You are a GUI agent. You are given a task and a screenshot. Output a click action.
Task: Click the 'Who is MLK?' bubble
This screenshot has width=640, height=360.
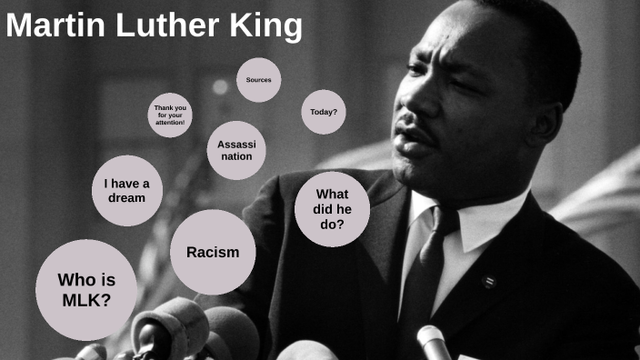85,289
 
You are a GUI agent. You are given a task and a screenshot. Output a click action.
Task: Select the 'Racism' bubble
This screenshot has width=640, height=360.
213,252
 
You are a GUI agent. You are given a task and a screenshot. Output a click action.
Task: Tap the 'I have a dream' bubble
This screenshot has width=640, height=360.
126,191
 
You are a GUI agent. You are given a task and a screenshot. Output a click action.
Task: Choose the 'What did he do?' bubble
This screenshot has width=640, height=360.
333,209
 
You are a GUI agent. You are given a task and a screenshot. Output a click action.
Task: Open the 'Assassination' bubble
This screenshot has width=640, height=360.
235,150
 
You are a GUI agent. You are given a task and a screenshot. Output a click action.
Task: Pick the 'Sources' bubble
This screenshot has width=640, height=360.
259,80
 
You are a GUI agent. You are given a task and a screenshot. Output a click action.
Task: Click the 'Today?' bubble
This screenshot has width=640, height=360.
323,112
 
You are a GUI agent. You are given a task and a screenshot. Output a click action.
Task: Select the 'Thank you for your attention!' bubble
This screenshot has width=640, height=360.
170,115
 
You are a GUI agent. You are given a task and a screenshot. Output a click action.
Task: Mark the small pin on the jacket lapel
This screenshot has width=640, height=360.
489,280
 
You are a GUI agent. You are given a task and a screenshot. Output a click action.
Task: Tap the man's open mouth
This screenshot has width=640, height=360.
416,145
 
